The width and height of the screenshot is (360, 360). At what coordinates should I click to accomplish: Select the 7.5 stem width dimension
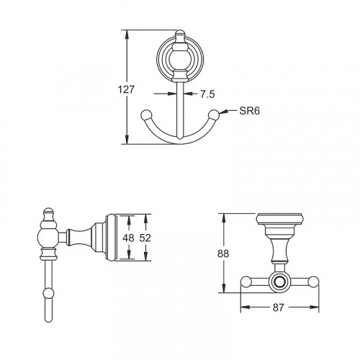tap(207, 93)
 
